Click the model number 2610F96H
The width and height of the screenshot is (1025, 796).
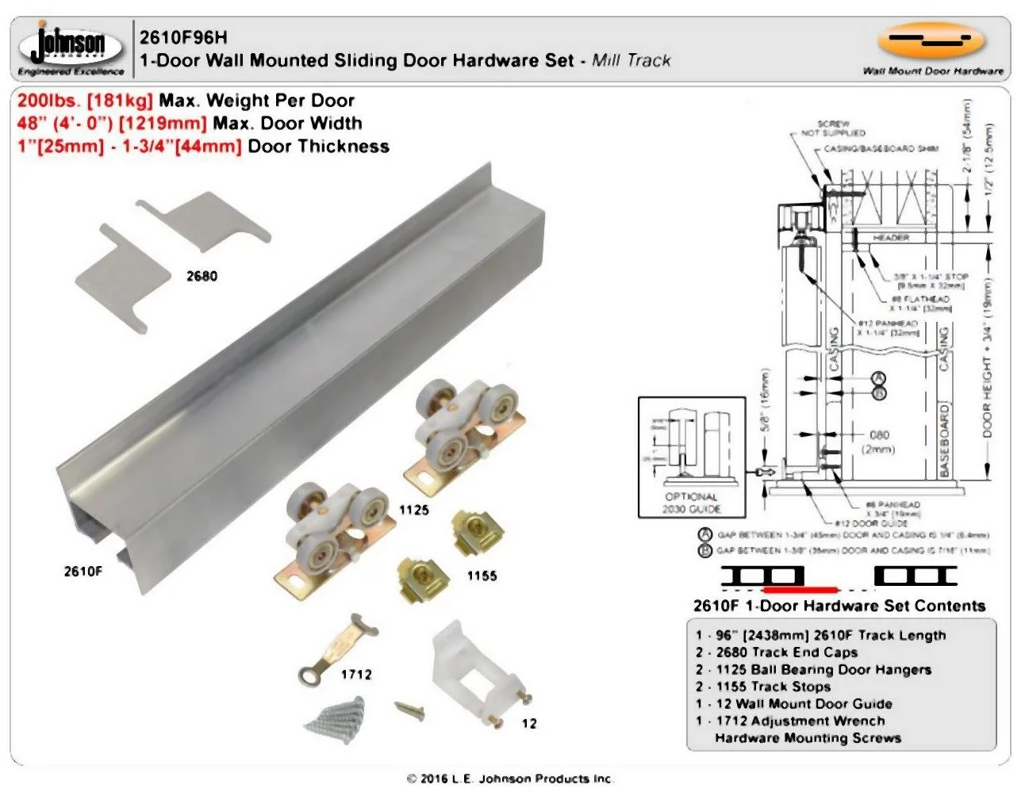coord(183,37)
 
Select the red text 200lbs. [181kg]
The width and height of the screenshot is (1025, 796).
coord(85,101)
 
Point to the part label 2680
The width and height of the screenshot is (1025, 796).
coord(202,276)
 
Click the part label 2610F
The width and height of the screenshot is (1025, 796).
coord(83,571)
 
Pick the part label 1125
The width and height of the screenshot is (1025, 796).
coord(413,510)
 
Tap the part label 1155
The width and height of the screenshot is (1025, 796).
coord(482,576)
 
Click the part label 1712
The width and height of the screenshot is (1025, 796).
coord(356,675)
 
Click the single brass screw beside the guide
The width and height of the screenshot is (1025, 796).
coord(410,710)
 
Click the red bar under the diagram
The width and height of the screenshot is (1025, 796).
coord(799,590)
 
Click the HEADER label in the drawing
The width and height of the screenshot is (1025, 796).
coord(890,237)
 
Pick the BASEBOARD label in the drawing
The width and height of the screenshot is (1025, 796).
coord(944,441)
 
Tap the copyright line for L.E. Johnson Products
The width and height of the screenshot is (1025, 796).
coord(510,779)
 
